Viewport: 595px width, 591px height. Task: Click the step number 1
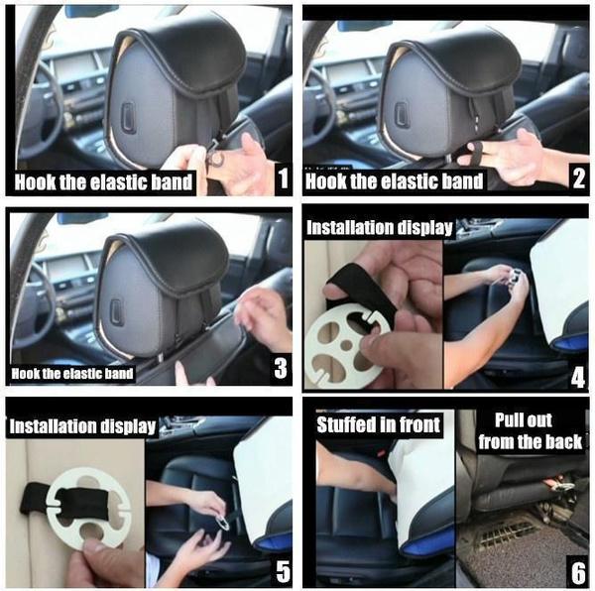pyautogui.click(x=283, y=177)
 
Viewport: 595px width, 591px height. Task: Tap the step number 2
pyautogui.click(x=578, y=177)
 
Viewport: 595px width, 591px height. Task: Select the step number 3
pyautogui.click(x=281, y=368)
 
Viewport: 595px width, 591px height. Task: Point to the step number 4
pyautogui.click(x=578, y=378)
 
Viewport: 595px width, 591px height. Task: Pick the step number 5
pyautogui.click(x=283, y=571)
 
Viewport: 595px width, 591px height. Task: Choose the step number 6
pyautogui.click(x=578, y=572)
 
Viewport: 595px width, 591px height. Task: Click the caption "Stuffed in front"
pyautogui.click(x=379, y=424)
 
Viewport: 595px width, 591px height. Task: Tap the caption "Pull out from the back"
pyautogui.click(x=530, y=431)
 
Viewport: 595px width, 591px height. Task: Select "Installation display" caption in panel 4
pyautogui.click(x=380, y=228)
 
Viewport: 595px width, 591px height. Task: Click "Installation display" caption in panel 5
pyautogui.click(x=82, y=426)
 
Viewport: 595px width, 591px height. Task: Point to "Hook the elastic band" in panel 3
pyautogui.click(x=72, y=374)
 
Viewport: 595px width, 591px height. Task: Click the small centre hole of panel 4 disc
pyautogui.click(x=346, y=345)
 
